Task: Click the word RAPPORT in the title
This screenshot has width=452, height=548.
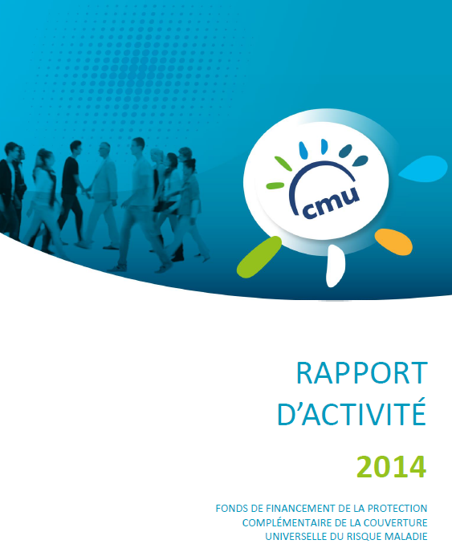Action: pyautogui.click(x=362, y=373)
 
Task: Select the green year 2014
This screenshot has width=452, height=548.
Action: pyautogui.click(x=392, y=467)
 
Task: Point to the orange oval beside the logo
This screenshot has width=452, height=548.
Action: pyautogui.click(x=393, y=242)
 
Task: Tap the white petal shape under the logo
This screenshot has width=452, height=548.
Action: pyautogui.click(x=336, y=266)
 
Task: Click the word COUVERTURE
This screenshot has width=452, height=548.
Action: pyautogui.click(x=395, y=523)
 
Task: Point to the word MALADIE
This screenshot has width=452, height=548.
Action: pyautogui.click(x=406, y=537)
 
